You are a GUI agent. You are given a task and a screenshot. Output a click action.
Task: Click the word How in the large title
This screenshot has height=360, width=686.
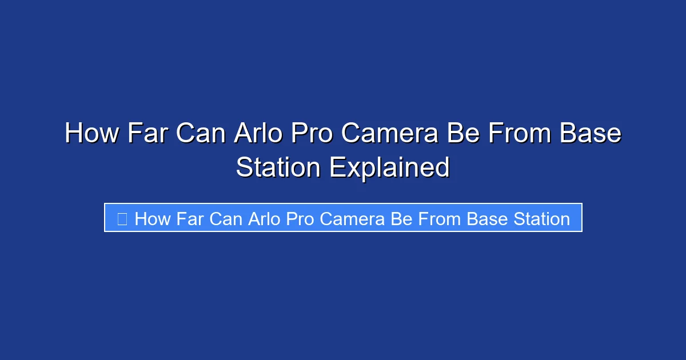click(x=91, y=134)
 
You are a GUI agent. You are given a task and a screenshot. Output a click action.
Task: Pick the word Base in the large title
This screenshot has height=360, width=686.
click(x=591, y=134)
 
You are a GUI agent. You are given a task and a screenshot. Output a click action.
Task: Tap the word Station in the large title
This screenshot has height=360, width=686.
click(x=278, y=167)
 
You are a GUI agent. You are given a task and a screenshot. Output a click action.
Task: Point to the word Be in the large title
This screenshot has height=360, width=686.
click(x=461, y=134)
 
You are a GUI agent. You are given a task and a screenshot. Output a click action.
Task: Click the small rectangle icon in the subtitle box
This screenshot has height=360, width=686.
click(x=122, y=218)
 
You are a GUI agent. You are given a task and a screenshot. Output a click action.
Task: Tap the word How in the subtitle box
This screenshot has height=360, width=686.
click(x=152, y=218)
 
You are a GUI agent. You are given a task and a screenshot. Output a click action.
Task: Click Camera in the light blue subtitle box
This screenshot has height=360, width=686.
click(x=352, y=218)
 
